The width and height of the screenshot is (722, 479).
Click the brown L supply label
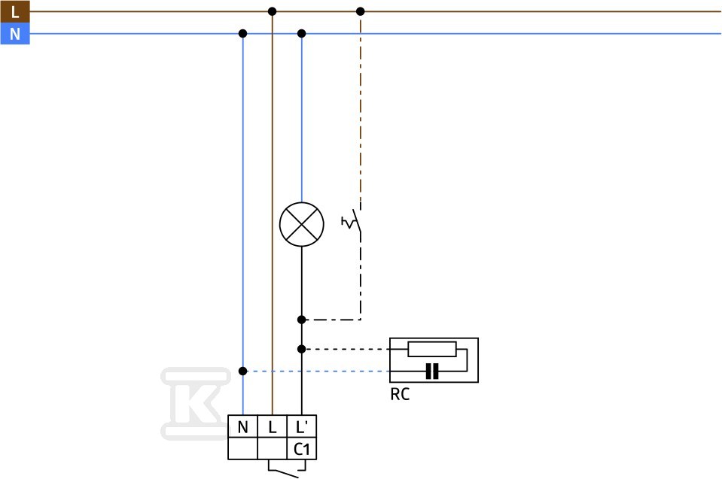15,11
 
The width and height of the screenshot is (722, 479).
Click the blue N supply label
15,34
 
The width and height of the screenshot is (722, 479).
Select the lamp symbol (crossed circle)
302,224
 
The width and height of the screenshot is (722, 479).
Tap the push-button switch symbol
352,222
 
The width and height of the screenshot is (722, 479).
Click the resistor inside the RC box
432,349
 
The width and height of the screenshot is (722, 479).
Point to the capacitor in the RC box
432,371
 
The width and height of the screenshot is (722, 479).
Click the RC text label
400,395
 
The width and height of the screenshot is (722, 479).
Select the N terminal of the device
242,426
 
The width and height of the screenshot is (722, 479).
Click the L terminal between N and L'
272,426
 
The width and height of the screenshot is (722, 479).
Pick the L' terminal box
302,426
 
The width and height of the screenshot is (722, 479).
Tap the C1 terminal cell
302,449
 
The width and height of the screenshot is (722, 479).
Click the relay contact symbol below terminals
287,470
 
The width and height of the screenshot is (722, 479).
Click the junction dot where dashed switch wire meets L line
361,11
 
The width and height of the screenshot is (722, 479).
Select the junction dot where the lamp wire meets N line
302,34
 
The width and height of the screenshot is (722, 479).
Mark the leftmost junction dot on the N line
242,34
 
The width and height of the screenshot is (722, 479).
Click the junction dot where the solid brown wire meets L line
272,11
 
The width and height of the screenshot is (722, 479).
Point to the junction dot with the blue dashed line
242,371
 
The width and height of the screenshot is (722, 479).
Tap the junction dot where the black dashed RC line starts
302,350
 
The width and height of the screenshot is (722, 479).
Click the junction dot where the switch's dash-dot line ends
302,320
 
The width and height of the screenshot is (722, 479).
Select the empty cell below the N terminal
242,449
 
